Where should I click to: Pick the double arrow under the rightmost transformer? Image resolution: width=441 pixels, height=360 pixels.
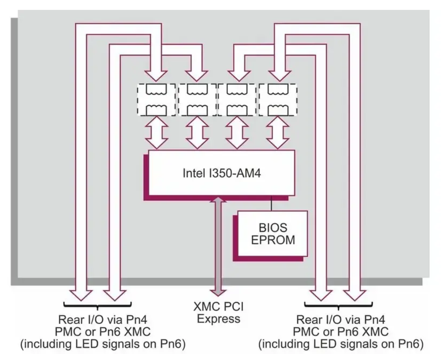click(277, 134)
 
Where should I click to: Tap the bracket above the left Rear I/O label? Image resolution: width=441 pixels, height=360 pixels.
click(97, 305)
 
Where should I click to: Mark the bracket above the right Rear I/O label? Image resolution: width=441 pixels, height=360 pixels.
click(337, 305)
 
